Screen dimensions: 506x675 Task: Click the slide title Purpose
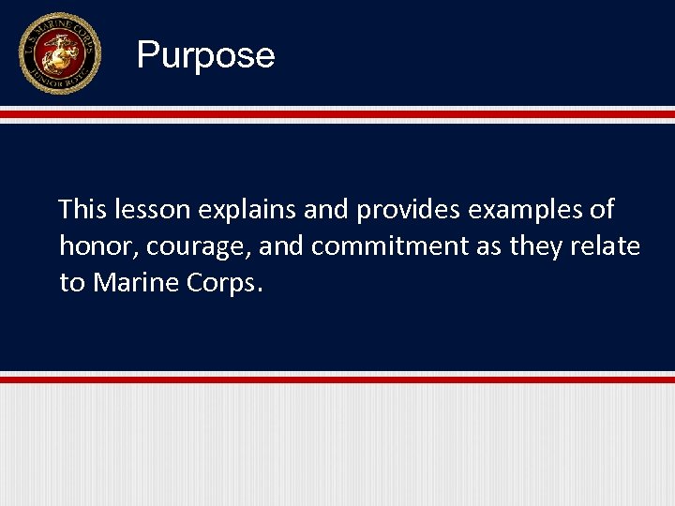tap(205, 55)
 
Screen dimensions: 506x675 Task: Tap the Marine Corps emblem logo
tap(59, 53)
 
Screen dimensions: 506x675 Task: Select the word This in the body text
tap(82, 209)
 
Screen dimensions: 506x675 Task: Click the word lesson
tap(152, 209)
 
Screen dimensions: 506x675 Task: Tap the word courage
tap(195, 247)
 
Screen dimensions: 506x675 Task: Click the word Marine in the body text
tap(141, 283)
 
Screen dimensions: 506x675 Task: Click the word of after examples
tap(601, 209)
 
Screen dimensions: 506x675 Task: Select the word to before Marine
tap(71, 283)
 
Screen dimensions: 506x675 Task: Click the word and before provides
tap(326, 209)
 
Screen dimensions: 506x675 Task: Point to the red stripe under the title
tap(337, 114)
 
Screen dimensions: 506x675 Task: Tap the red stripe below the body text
tap(337, 379)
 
